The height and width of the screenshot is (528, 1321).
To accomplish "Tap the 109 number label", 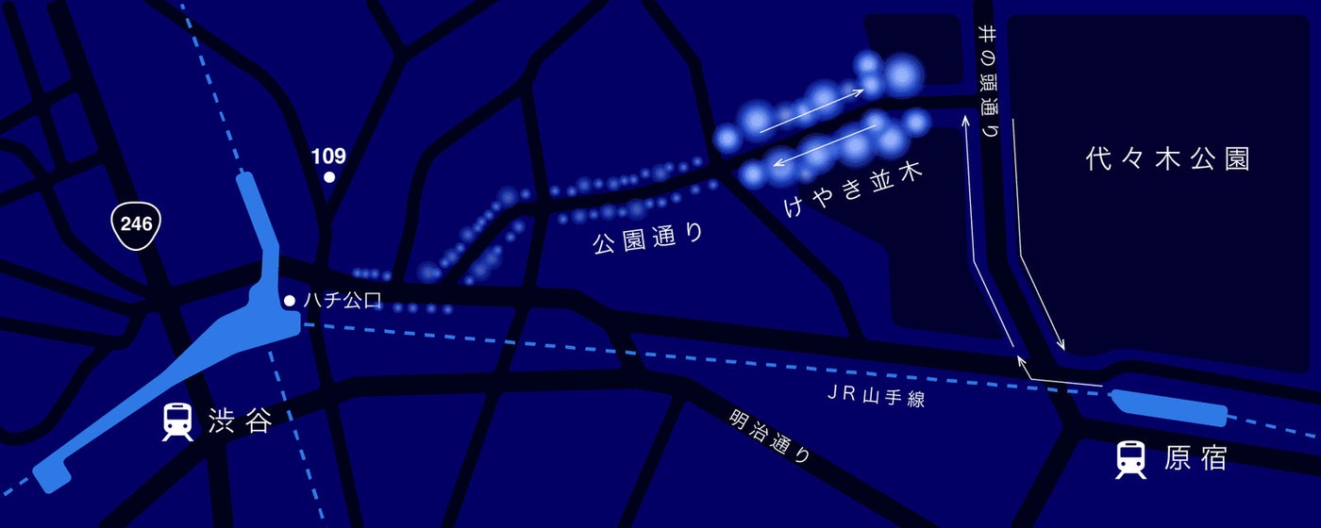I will coord(328,156).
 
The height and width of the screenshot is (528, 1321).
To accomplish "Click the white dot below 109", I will coord(329,176).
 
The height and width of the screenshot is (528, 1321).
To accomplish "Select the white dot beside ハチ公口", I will coord(290,301).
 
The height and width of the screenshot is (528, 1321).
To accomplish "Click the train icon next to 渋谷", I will coord(176,421).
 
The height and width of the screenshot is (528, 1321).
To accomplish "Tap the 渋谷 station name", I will coord(240,422).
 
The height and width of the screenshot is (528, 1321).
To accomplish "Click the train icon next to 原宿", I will coord(1130,459).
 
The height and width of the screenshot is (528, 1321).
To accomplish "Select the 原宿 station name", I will coord(1196,459).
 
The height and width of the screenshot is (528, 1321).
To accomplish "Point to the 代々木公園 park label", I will coord(1167,159).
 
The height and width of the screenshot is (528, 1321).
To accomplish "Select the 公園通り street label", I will coord(648,237).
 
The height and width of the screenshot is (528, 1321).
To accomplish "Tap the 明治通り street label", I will coord(770,437).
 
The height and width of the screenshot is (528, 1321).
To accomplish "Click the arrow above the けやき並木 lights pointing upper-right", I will coord(812,109).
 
